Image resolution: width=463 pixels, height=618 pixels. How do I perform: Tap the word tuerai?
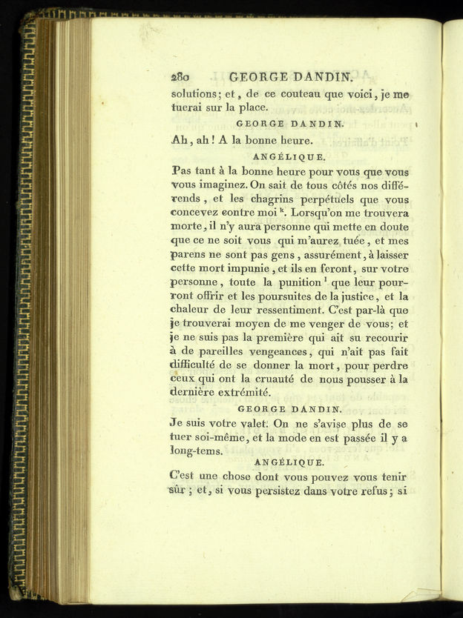(189, 108)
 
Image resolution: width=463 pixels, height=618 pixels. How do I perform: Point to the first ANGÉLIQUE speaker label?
(289, 157)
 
